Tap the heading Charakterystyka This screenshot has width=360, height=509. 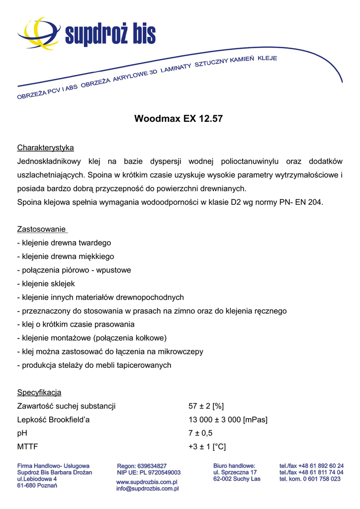point(45,148)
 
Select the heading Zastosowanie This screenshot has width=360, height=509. point(42,229)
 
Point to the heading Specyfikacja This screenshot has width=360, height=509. point(39,393)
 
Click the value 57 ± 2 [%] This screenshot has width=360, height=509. point(206,406)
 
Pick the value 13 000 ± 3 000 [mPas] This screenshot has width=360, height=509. point(228,420)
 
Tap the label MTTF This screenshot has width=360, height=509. point(27,447)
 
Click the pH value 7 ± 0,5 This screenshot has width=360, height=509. point(200,433)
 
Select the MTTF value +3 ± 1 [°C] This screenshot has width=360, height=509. point(207,447)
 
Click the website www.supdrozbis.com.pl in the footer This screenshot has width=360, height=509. point(147,482)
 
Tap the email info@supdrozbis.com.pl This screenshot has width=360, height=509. point(147,489)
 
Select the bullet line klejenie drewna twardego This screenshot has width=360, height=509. point(64,243)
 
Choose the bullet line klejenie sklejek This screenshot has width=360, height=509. point(46,284)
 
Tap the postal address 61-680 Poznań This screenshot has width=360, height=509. point(37,485)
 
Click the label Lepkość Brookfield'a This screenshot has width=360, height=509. point(53,420)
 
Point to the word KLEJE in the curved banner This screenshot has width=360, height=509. point(267,58)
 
